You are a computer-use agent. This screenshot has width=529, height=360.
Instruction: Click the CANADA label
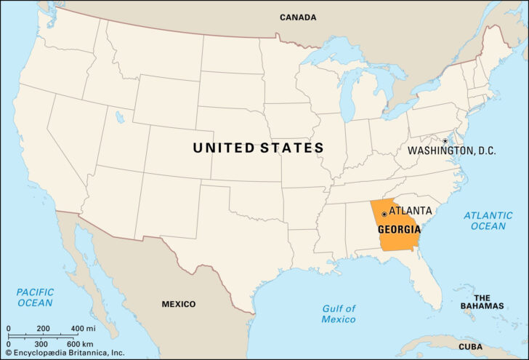[x=298, y=17]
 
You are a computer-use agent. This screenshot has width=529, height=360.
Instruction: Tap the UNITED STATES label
[x=258, y=148]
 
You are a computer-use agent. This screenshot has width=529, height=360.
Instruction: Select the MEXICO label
[x=179, y=303]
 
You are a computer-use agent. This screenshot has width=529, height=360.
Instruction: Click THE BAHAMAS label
[x=482, y=302]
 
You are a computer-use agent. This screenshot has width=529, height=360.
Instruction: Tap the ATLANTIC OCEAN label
[x=488, y=220]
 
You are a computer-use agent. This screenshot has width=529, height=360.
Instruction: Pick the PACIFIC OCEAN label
[x=36, y=297]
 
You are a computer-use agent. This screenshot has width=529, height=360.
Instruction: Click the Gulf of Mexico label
[x=339, y=313]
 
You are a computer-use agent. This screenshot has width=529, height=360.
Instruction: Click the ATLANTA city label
[x=411, y=210]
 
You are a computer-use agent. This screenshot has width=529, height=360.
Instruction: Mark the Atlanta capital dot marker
[x=384, y=214]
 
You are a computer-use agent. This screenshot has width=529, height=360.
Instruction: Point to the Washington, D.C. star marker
[x=444, y=140]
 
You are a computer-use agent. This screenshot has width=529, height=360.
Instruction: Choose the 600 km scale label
[x=79, y=343]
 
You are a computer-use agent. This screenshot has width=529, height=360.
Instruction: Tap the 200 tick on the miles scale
[x=44, y=328]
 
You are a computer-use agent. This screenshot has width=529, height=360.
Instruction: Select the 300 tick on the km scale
[x=41, y=343]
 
